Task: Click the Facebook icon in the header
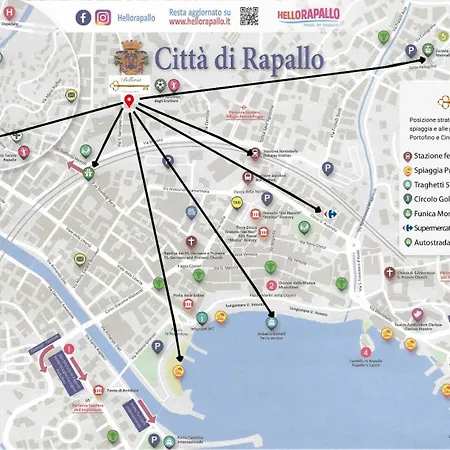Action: tap(83, 17)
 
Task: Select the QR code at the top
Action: tap(249, 16)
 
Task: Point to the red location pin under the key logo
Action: tap(129, 102)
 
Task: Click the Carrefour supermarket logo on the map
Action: tap(334, 212)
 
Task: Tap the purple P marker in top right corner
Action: tap(410, 51)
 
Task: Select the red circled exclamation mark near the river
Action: tap(69, 349)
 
